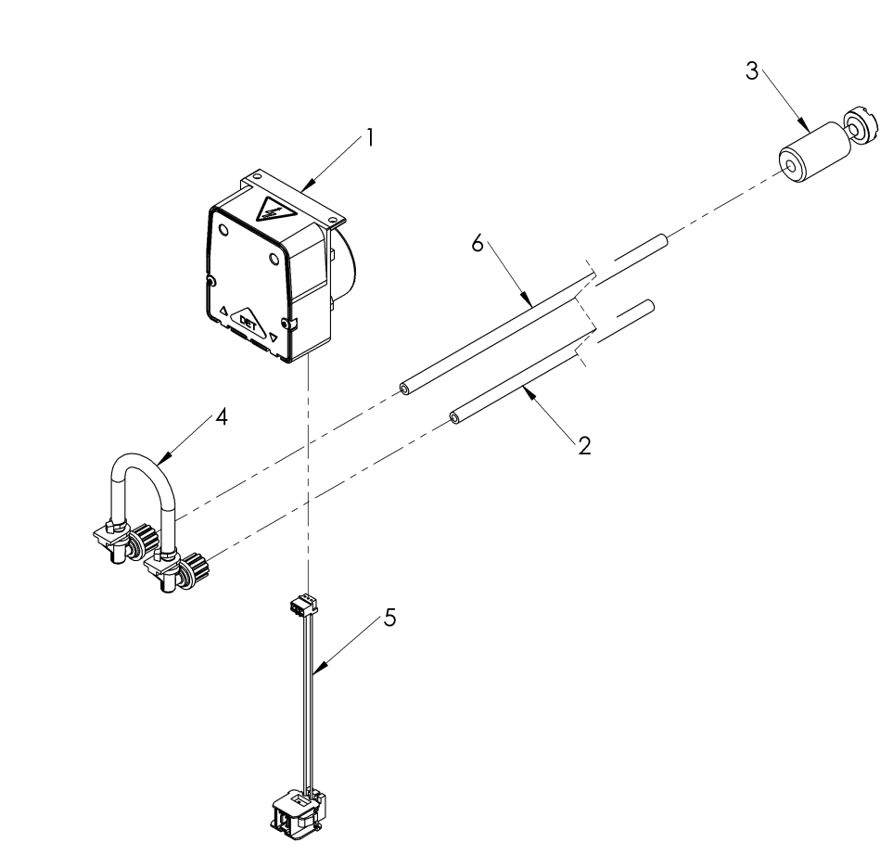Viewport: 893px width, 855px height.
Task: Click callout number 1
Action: click(x=369, y=138)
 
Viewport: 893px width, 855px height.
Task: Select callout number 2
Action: click(x=583, y=445)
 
